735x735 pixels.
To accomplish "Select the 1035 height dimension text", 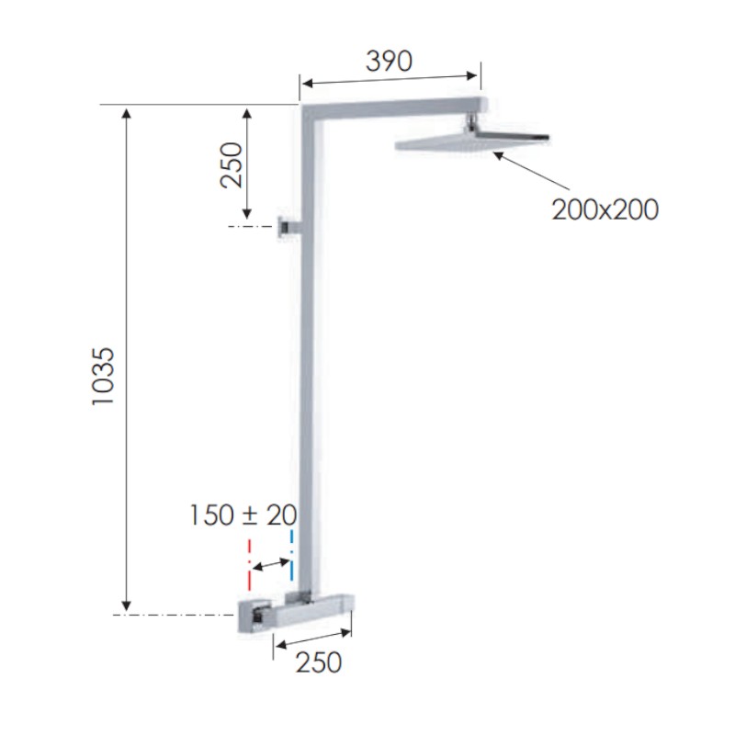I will pyautogui.click(x=104, y=377).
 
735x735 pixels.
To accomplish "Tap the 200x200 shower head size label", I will pyautogui.click(x=605, y=209).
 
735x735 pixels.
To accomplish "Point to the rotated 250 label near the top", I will pyautogui.click(x=232, y=164).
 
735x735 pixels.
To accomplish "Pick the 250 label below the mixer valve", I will pyautogui.click(x=318, y=661).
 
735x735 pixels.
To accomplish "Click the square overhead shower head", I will pyautogui.click(x=473, y=141).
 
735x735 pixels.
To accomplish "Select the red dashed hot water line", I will pyautogui.click(x=249, y=564).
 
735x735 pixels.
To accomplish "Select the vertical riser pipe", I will pyautogui.click(x=312, y=367).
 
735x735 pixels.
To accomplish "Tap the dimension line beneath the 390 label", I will pyautogui.click(x=390, y=82).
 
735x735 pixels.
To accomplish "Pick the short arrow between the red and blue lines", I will pyautogui.click(x=270, y=564).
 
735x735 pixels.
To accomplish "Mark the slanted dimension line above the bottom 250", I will pyautogui.click(x=312, y=638).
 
